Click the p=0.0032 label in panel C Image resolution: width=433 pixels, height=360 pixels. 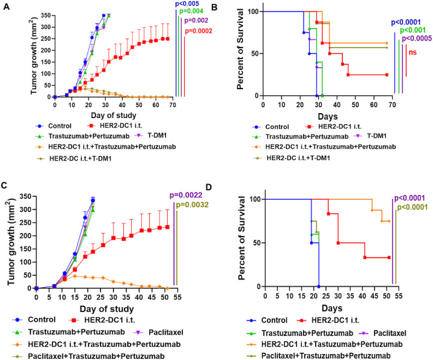click(197, 204)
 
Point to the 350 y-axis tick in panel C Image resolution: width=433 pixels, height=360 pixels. click(24, 196)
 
